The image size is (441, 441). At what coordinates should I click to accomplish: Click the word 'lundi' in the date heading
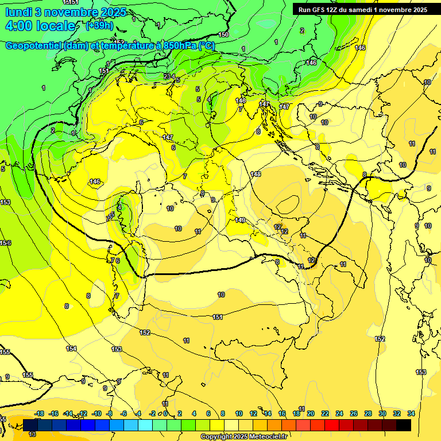click(18, 12)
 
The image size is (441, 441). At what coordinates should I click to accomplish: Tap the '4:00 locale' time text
click(40, 26)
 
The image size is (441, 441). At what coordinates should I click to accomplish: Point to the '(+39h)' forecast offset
click(99, 25)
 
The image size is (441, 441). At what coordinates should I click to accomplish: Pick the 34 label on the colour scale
click(411, 413)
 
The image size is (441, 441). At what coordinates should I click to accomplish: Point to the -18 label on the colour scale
click(40, 413)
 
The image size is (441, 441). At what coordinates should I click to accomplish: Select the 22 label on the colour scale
click(325, 413)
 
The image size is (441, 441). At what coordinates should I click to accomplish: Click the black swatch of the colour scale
click(404, 425)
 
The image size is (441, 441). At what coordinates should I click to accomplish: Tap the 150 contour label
click(223, 35)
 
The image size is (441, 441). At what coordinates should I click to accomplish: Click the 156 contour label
click(5, 243)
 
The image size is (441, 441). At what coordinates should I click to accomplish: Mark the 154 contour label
click(71, 349)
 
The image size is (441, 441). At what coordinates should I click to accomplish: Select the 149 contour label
click(240, 220)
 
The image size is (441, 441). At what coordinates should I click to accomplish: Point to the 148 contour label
click(241, 100)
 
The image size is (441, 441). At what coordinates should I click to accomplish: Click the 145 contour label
click(256, 174)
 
